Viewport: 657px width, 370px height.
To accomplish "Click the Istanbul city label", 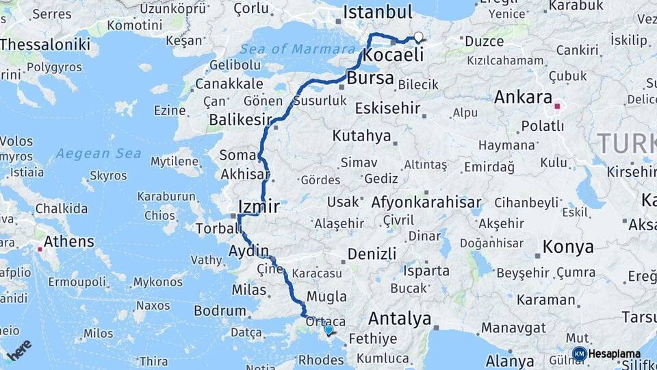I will click(377, 12).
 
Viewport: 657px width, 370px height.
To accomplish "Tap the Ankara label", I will click(523, 97).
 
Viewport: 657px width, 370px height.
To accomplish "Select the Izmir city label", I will click(259, 206).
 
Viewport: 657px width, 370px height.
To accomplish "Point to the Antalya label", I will click(400, 319).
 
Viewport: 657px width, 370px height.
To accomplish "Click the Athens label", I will click(68, 241).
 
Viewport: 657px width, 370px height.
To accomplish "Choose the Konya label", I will click(568, 247).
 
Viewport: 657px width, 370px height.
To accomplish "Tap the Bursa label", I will click(370, 78).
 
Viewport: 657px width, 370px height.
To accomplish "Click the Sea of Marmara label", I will click(298, 49).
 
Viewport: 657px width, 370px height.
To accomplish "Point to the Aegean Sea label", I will click(99, 153).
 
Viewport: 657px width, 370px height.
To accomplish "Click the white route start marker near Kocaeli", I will click(418, 38).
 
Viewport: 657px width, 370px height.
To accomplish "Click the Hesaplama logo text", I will click(614, 354).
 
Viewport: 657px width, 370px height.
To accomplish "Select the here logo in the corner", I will click(18, 349).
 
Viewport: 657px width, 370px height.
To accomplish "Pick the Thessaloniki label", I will click(45, 45).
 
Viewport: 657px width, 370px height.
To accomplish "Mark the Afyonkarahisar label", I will click(426, 203).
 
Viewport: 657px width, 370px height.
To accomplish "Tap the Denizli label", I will click(372, 254).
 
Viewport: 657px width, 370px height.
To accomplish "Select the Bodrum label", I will click(220, 310).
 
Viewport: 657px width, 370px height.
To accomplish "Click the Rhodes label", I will click(322, 360).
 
